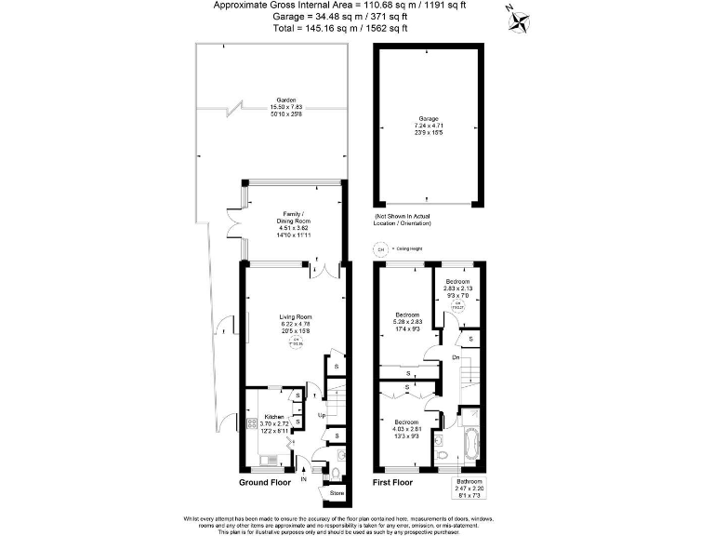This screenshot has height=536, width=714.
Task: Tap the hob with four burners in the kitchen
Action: [x=250, y=426]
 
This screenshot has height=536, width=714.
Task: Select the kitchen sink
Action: [x=269, y=460]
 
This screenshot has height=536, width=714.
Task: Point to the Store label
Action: [x=337, y=492]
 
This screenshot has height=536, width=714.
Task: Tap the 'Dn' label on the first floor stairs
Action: [x=455, y=356]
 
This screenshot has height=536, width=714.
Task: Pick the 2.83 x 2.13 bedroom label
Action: [x=456, y=288]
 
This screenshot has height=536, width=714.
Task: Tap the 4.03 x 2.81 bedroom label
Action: [x=406, y=429]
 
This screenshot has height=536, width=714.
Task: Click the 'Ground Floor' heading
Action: [x=265, y=483]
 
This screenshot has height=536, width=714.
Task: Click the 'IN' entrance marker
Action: [x=303, y=478]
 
